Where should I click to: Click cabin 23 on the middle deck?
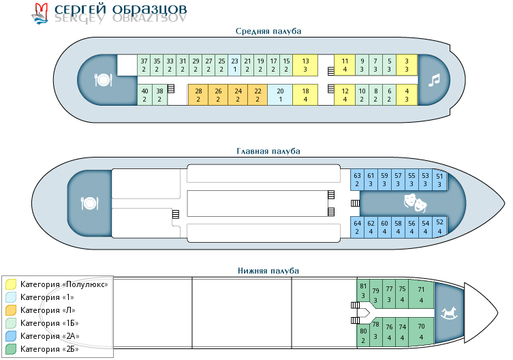(234, 65)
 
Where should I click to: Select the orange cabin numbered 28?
(198, 95)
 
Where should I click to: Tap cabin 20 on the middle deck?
(280, 95)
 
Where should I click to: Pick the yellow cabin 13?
(305, 65)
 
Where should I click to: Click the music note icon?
(434, 80)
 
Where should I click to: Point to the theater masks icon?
(415, 202)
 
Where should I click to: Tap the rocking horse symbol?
(449, 313)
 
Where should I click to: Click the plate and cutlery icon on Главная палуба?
(89, 203)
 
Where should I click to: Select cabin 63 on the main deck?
(357, 179)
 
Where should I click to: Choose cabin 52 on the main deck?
(439, 226)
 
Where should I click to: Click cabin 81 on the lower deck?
(363, 290)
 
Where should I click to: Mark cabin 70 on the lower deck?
(421, 331)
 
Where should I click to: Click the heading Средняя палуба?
(268, 31)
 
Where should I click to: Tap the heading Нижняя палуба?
(268, 271)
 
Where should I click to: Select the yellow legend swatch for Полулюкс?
(11, 284)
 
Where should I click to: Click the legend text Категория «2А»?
(50, 335)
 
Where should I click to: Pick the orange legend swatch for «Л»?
(11, 310)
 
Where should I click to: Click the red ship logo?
(41, 13)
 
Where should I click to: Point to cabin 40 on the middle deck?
(144, 95)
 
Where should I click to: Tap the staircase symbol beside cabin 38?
(171, 89)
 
